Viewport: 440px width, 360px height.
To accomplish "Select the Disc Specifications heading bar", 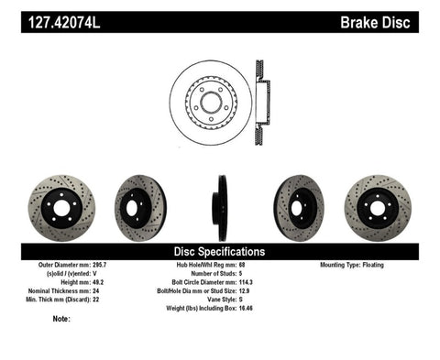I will point(219,251).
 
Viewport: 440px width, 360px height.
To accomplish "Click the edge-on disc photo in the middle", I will point(221,203).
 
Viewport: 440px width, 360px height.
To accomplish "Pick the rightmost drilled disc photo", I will point(376,203).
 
